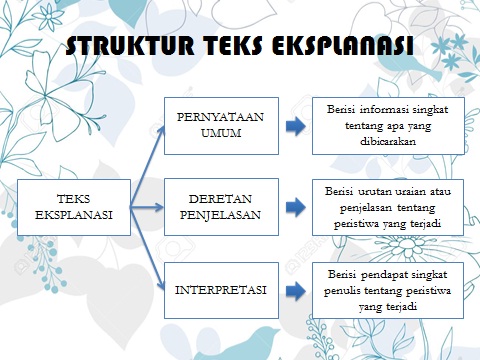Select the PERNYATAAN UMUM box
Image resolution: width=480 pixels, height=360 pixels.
221,125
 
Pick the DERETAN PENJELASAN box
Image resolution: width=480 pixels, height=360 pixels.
221,207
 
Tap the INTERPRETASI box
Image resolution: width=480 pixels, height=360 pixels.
221,291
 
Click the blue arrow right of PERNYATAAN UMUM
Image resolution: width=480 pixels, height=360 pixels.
292,126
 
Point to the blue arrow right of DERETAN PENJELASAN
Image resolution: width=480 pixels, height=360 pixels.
292,208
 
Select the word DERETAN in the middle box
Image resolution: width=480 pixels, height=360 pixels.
221,199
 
